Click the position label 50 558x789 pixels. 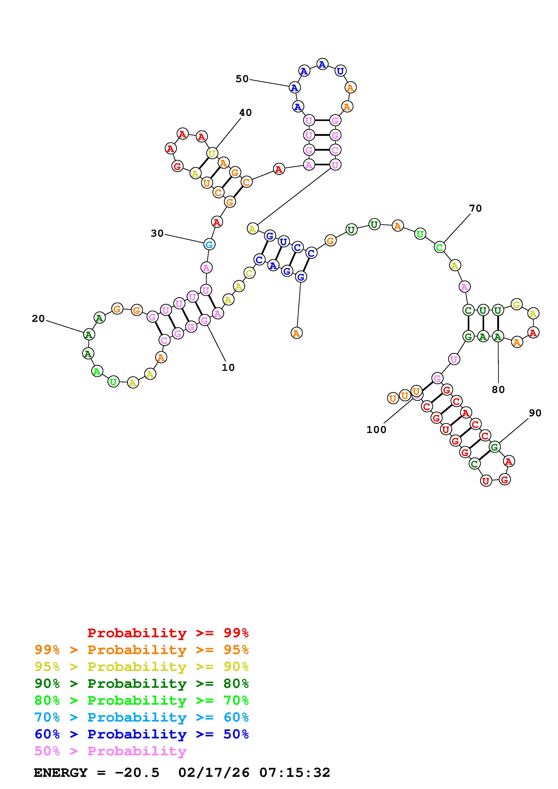click(x=242, y=79)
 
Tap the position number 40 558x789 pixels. click(x=246, y=112)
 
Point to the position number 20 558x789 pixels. click(x=38, y=318)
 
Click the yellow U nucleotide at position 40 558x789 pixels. click(x=212, y=153)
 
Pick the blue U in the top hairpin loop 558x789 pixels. click(x=340, y=71)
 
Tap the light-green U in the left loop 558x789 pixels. click(x=113, y=382)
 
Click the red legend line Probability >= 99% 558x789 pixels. click(x=168, y=633)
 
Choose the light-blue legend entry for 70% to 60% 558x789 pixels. click(x=141, y=717)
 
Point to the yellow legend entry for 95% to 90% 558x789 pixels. click(x=141, y=667)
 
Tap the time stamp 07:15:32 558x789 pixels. click(x=295, y=773)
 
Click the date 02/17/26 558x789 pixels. click(x=214, y=773)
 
